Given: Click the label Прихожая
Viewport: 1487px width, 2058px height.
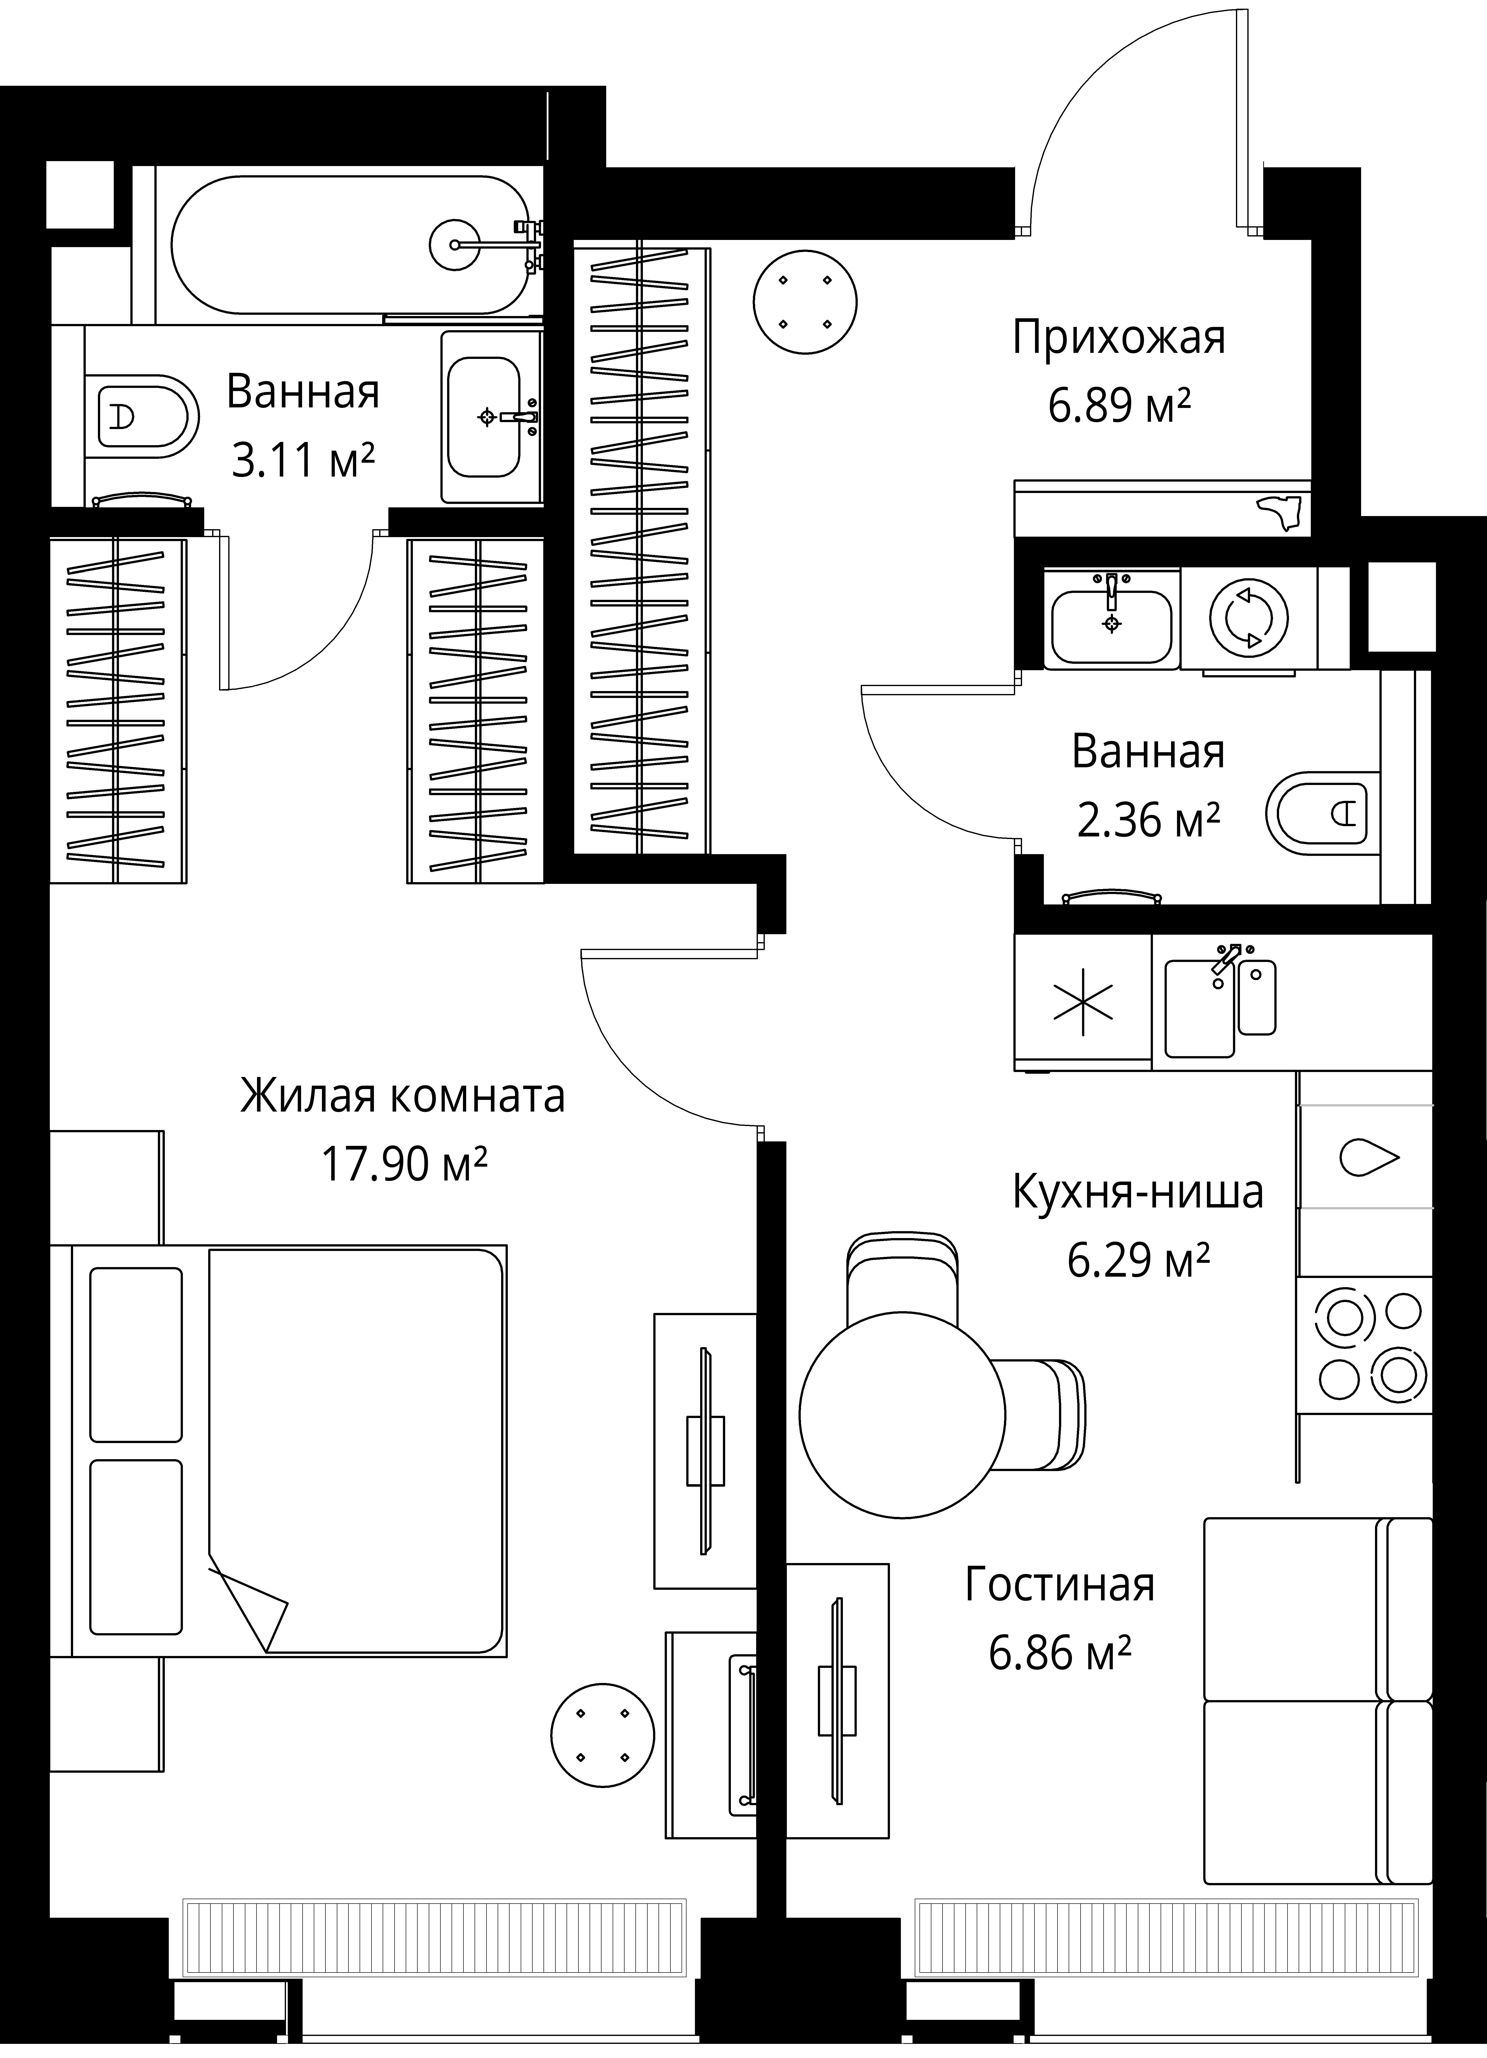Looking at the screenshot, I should tap(1118, 338).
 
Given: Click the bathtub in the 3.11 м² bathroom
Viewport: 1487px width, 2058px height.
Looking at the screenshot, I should tap(349, 245).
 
